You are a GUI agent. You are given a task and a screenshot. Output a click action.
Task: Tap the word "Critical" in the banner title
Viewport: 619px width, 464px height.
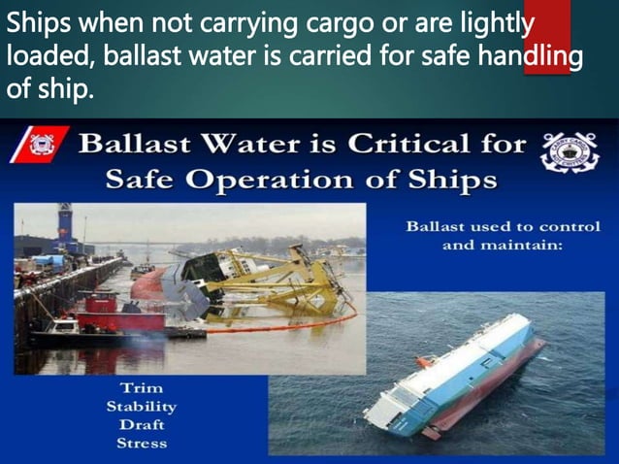point(396,145)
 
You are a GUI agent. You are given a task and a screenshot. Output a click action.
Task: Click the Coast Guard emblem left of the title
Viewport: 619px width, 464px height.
point(41,148)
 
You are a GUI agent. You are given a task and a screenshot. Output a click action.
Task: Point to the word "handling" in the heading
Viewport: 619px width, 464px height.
point(531,57)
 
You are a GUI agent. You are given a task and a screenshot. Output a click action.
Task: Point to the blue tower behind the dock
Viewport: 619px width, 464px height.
point(65,224)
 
